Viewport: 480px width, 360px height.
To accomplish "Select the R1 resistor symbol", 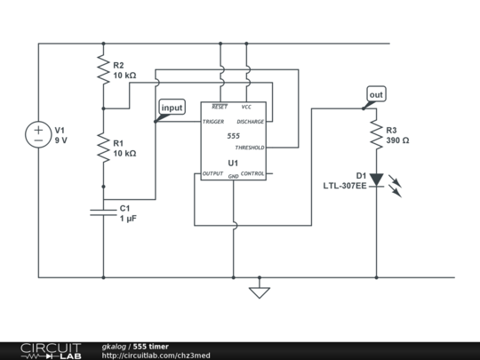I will click(x=104, y=147).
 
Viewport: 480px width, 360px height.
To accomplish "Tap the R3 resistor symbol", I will click(x=375, y=134).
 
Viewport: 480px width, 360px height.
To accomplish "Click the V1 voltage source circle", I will click(x=38, y=134).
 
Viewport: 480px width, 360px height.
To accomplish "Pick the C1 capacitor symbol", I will click(x=104, y=212).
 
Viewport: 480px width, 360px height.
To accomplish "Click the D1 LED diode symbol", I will click(x=376, y=180).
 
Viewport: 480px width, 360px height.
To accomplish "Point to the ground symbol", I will click(x=259, y=292).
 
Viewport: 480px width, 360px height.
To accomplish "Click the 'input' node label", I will click(x=171, y=108).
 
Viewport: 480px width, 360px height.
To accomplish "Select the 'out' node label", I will click(x=376, y=93).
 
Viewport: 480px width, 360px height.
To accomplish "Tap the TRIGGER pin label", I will click(x=213, y=121).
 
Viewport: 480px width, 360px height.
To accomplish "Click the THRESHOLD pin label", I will click(x=250, y=148).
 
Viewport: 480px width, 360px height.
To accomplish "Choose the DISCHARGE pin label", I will click(x=250, y=121).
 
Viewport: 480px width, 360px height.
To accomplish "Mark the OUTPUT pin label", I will click(x=212, y=173).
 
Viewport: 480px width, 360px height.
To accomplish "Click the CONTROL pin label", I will click(x=252, y=173).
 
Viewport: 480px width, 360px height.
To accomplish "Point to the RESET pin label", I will click(x=220, y=106).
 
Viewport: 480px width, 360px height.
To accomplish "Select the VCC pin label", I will click(x=246, y=106).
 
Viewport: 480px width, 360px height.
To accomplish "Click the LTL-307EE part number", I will click(x=345, y=186).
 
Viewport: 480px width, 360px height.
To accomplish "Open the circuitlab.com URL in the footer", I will click(x=156, y=355).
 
